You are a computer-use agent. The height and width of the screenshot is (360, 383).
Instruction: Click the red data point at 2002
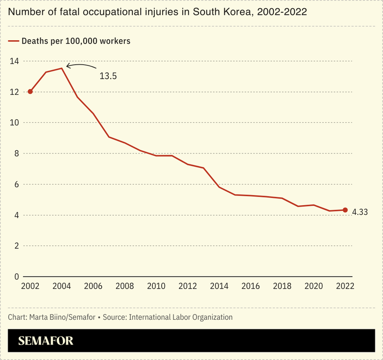pos(30,91)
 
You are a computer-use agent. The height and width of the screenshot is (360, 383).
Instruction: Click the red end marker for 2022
pos(345,210)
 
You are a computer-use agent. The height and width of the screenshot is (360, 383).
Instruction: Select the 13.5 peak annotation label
pos(108,76)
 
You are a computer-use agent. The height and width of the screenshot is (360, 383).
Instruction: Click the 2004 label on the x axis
pos(61,286)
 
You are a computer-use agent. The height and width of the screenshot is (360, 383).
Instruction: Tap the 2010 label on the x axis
pos(156,286)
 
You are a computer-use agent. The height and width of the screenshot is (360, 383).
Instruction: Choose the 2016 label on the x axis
pos(251,286)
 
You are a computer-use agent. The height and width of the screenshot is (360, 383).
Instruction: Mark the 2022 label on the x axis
pos(345,286)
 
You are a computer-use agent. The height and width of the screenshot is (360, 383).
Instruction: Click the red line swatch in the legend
pos(13,41)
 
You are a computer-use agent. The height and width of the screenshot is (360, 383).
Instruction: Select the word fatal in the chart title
pos(60,11)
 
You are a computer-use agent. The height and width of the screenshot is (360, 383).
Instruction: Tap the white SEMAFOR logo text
pos(46,341)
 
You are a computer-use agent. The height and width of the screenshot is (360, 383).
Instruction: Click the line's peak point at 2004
pos(62,68)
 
